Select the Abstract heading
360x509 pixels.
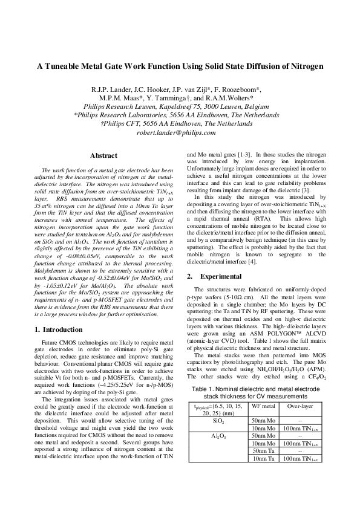103,156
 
